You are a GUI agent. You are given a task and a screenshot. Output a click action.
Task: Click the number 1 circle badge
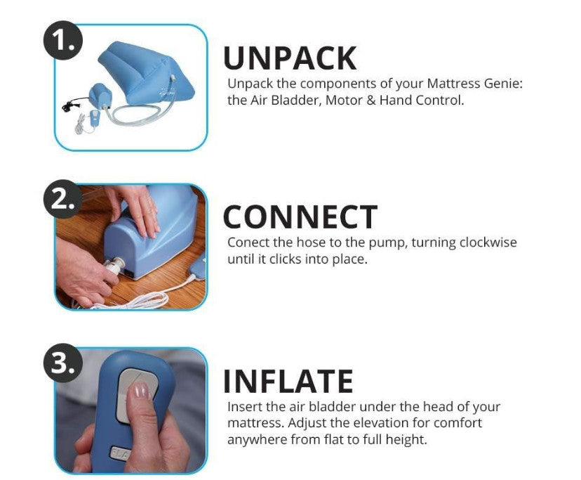click(x=62, y=40)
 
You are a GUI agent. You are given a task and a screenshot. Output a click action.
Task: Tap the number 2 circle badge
click(x=62, y=199)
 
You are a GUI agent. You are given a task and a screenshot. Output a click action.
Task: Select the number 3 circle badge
click(x=62, y=363)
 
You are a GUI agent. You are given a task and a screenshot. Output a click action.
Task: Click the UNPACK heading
click(x=290, y=58)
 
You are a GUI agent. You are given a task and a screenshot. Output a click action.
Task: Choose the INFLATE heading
click(x=288, y=381)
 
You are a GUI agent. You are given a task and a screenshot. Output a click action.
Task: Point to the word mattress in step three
click(x=255, y=423)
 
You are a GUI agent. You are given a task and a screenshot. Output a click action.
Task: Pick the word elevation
click(x=378, y=423)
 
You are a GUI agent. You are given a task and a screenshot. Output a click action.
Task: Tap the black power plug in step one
click(x=68, y=107)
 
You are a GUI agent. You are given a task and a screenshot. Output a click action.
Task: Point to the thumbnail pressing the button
click(x=140, y=391)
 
